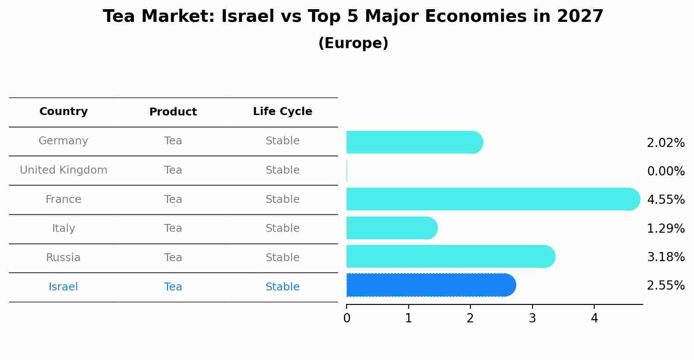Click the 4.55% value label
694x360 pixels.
click(x=666, y=200)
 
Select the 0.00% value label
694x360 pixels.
click(x=666, y=171)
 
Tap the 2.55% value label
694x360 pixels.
click(x=666, y=286)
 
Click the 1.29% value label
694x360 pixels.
click(x=666, y=228)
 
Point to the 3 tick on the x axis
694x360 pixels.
click(x=532, y=318)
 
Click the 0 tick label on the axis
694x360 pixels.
click(x=347, y=318)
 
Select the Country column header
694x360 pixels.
click(x=63, y=112)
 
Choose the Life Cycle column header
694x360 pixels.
click(x=282, y=112)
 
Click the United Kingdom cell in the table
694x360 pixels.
click(x=63, y=170)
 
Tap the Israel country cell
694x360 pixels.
click(x=63, y=287)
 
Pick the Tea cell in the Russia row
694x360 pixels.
click(x=173, y=258)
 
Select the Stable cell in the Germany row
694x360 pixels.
click(x=282, y=141)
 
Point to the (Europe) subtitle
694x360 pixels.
click(x=353, y=43)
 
